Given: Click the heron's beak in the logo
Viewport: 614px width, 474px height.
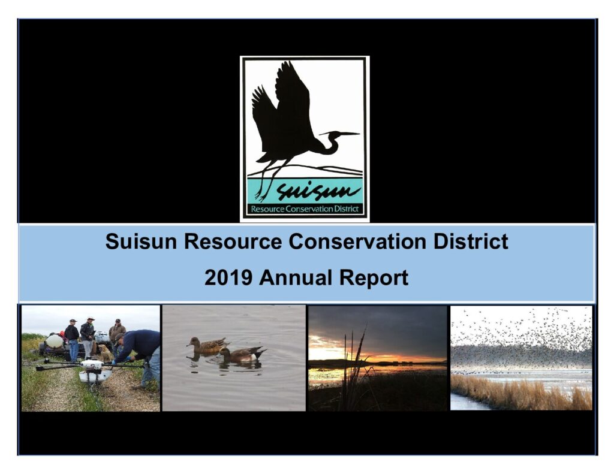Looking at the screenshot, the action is point(346,134).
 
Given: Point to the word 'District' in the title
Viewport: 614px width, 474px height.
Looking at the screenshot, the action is point(471,241).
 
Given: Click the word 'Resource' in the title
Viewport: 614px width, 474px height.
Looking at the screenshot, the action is point(233,241).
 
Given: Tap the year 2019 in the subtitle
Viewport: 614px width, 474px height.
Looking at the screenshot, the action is point(228,277).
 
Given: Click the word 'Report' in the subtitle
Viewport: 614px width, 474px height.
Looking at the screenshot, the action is point(374,279).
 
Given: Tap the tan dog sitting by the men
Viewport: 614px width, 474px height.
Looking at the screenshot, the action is point(105,353).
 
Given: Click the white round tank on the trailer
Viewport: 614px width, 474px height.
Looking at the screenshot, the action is point(54,342).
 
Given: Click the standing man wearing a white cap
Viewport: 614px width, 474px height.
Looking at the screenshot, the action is point(88,337).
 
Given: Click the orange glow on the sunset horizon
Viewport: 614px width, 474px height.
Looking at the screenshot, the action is point(396,358).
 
